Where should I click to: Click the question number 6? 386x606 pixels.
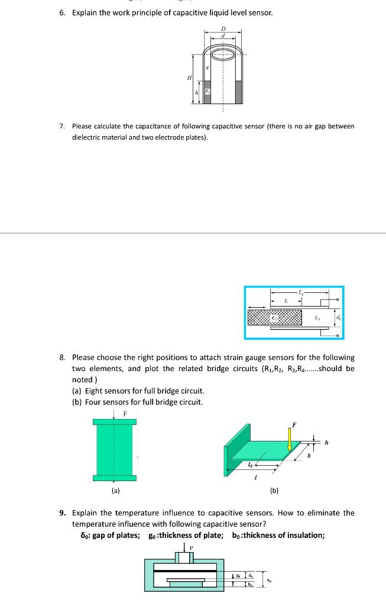click(63, 12)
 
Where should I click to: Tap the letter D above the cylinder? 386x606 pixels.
click(223, 28)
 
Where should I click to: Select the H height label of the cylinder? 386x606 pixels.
click(189, 78)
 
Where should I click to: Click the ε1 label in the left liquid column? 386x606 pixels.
click(207, 92)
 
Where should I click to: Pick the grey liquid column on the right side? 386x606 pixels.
click(238, 92)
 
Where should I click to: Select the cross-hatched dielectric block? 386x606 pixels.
click(275, 317)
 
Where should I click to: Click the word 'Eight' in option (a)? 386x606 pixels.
click(95, 391)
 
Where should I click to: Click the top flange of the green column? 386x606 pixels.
click(114, 421)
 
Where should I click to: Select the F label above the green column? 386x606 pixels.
click(125, 412)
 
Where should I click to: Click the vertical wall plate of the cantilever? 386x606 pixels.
click(229, 456)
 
